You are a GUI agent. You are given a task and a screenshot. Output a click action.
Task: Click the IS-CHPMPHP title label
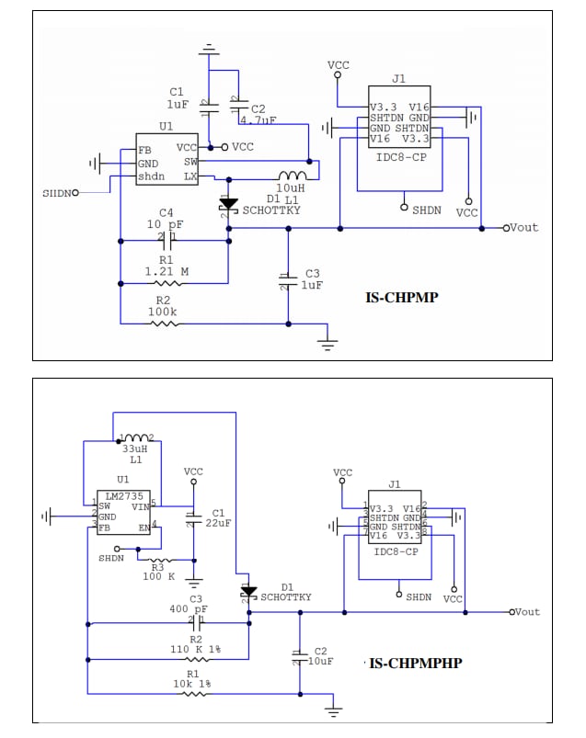[415, 662]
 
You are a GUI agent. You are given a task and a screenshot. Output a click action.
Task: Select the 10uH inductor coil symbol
[293, 176]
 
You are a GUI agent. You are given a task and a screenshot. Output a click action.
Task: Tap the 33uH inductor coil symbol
[134, 438]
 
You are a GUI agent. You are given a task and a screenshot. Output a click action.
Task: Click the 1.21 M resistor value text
[167, 271]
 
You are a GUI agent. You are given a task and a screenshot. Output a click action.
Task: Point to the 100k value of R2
[164, 312]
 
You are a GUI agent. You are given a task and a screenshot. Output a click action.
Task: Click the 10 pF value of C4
[167, 224]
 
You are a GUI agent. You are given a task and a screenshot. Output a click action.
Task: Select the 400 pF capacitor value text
[189, 609]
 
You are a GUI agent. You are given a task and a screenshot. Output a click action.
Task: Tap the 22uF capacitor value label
[218, 523]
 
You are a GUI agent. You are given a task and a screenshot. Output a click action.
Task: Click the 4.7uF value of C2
[258, 119]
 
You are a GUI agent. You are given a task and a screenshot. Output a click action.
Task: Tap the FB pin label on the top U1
[144, 150]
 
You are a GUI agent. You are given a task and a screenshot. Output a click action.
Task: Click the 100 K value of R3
[157, 576]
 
